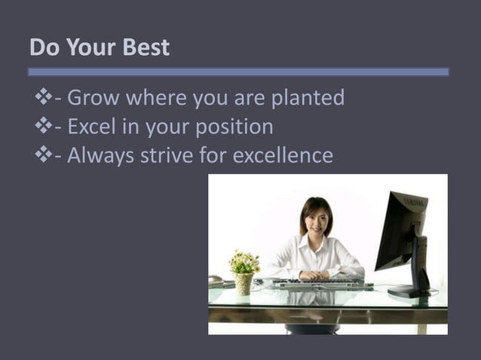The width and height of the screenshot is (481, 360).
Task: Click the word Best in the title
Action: point(145,47)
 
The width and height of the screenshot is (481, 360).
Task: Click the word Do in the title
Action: point(41,47)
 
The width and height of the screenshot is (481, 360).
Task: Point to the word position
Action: point(234,127)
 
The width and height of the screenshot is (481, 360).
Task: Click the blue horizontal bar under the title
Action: point(238,72)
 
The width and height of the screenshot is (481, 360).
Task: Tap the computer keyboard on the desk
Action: point(318,285)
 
